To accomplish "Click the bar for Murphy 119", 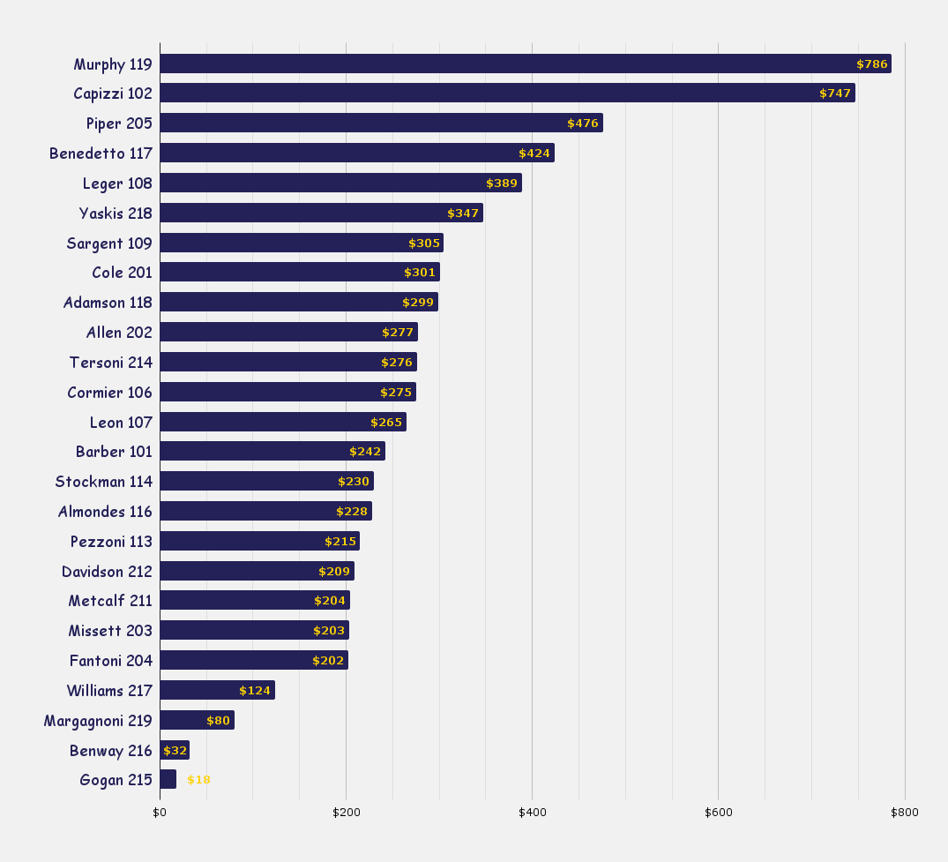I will pyautogui.click(x=525, y=64).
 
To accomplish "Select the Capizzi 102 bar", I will pyautogui.click(x=507, y=94).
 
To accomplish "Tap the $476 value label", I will pyautogui.click(x=583, y=124).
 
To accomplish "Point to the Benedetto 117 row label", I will pyautogui.click(x=101, y=154).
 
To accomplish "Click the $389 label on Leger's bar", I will pyautogui.click(x=502, y=184).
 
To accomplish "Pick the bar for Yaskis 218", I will pyautogui.click(x=321, y=213).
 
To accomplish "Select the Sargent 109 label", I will pyautogui.click(x=109, y=244).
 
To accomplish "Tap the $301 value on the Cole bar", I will pyautogui.click(x=420, y=273).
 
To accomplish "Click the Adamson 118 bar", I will pyautogui.click(x=298, y=303).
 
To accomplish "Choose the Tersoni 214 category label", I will pyautogui.click(x=111, y=363).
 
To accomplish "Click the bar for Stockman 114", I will pyautogui.click(x=266, y=482).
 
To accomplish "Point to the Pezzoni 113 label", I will pyautogui.click(x=111, y=542).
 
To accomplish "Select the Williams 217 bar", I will pyautogui.click(x=217, y=690).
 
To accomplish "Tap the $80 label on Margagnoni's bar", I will pyautogui.click(x=218, y=721).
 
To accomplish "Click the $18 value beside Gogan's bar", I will pyautogui.click(x=198, y=780).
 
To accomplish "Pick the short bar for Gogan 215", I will pyautogui.click(x=168, y=780).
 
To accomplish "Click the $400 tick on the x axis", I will pyautogui.click(x=532, y=813).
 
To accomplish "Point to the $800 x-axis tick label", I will pyautogui.click(x=904, y=813).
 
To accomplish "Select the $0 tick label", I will pyautogui.click(x=160, y=813).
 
